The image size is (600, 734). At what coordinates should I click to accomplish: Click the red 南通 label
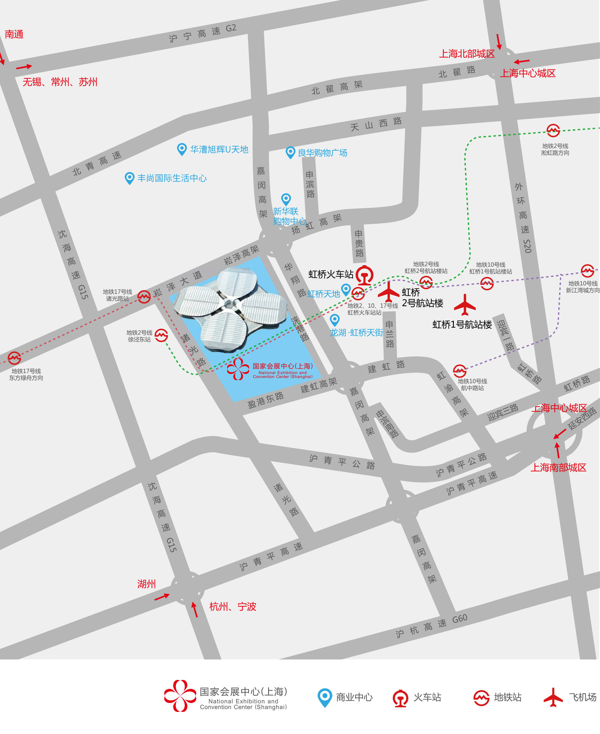tap(14, 34)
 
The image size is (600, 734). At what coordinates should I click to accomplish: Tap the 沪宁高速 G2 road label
tap(202, 33)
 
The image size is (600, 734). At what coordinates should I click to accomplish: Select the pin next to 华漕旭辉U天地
tap(182, 149)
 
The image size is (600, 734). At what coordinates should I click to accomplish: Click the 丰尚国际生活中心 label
tap(172, 178)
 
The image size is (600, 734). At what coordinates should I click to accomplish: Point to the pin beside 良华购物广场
tap(290, 152)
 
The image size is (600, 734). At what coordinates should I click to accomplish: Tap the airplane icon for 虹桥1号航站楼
tap(465, 305)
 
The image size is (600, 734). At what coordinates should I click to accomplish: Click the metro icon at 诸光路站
tap(144, 297)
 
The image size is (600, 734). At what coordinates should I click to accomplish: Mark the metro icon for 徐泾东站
tap(161, 335)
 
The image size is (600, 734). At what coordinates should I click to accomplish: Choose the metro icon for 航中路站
tap(460, 371)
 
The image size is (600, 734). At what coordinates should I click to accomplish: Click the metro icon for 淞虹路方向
tap(553, 130)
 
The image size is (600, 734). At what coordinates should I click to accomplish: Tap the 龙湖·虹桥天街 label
tap(356, 332)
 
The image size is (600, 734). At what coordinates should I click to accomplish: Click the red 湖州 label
tap(146, 584)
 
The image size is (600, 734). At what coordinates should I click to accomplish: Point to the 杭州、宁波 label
tap(233, 606)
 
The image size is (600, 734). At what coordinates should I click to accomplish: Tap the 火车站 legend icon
tap(401, 698)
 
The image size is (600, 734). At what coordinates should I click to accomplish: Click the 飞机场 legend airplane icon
tap(553, 697)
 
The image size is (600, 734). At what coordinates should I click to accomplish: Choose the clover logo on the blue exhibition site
tap(238, 369)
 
